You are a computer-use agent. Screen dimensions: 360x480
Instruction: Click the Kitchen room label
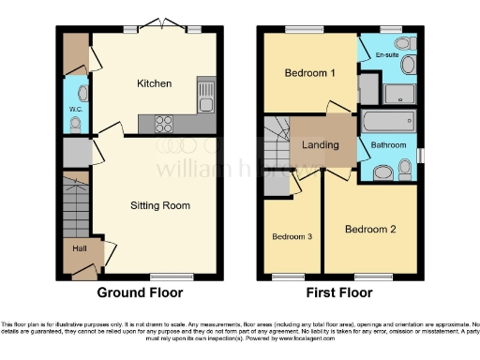(x=155, y=83)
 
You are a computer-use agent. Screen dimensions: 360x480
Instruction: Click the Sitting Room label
(x=159, y=205)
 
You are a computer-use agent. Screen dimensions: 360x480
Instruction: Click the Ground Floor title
(x=140, y=292)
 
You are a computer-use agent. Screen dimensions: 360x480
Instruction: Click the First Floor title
(x=339, y=292)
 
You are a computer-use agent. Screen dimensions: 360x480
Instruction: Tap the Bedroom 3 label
(x=292, y=236)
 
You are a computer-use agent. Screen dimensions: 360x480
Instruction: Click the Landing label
(x=322, y=144)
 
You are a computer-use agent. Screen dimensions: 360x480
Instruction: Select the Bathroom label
(x=387, y=145)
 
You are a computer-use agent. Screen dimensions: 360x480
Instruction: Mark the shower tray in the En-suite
(x=397, y=93)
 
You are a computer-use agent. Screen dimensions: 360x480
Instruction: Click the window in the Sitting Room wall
(x=164, y=277)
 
